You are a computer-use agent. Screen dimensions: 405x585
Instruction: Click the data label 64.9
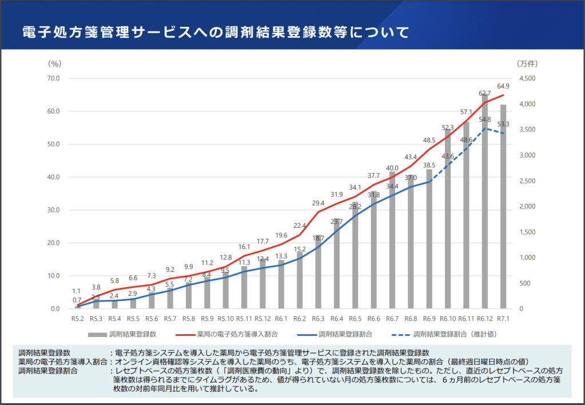click(x=503, y=86)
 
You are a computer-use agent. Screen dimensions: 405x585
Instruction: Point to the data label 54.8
click(x=485, y=120)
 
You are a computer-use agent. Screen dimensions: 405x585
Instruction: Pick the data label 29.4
click(x=318, y=203)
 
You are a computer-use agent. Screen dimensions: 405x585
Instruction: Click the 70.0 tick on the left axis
click(x=54, y=78)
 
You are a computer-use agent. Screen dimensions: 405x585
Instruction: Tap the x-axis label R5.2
click(x=78, y=319)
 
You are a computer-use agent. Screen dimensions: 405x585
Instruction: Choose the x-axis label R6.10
click(x=448, y=319)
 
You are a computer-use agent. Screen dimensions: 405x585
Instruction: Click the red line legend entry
click(x=229, y=334)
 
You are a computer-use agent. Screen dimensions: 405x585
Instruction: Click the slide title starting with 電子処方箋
click(x=216, y=32)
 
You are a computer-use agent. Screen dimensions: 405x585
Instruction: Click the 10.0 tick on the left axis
click(x=54, y=276)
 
